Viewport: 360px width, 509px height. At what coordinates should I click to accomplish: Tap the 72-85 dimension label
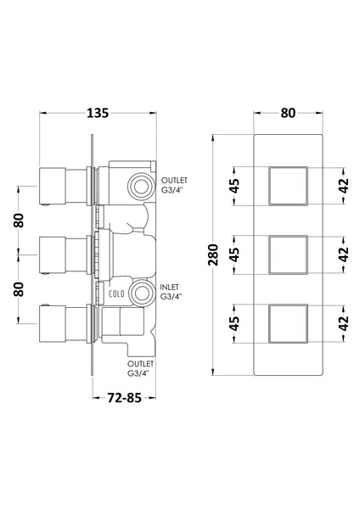[116, 395]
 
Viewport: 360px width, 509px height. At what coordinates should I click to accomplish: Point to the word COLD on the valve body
[118, 294]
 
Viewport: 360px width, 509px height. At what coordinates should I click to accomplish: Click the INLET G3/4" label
[174, 293]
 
